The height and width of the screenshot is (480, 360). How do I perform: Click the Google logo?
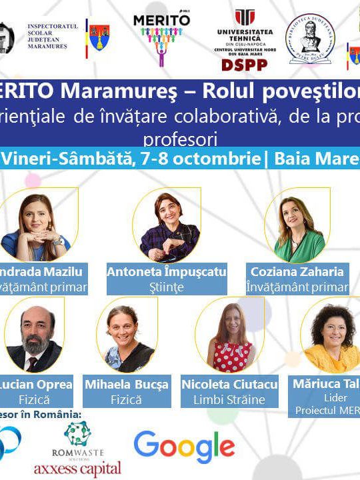coord(184,447)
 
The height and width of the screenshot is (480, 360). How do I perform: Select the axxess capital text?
coord(77,467)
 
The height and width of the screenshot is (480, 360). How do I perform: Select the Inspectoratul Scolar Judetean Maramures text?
coord(53,38)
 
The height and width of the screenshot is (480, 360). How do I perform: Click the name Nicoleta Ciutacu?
coord(229,384)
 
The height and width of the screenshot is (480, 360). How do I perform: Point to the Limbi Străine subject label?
coord(229,400)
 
